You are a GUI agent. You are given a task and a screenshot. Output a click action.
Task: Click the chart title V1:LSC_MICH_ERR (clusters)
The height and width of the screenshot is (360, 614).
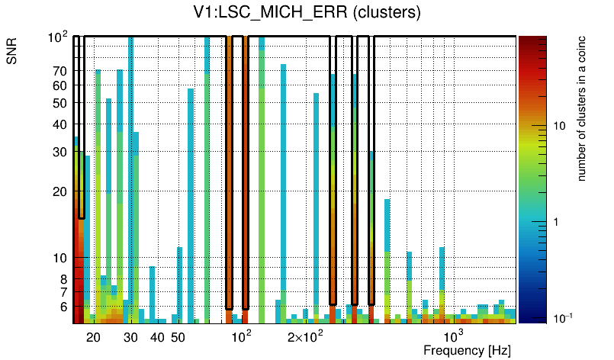[x=307, y=13]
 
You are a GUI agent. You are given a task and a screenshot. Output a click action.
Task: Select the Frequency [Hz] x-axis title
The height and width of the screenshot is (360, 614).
[x=467, y=350]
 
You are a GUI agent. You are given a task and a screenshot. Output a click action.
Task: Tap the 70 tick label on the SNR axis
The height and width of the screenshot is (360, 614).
[x=59, y=71]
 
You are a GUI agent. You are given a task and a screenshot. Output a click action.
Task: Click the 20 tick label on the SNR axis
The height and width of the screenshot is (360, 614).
[x=59, y=192]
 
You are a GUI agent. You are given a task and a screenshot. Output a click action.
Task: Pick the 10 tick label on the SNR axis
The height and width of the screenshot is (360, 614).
[x=59, y=259]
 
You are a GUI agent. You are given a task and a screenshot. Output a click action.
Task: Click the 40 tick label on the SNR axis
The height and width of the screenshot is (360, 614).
[x=59, y=125]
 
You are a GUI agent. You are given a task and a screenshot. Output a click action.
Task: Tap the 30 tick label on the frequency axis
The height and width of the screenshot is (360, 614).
[x=130, y=337]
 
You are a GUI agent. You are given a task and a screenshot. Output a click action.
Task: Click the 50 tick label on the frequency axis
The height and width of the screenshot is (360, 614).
[x=178, y=337]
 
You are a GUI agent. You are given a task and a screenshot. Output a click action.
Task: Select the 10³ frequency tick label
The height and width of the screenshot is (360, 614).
[x=453, y=336]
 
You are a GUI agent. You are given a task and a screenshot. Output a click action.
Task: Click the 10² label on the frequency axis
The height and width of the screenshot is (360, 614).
[x=241, y=336]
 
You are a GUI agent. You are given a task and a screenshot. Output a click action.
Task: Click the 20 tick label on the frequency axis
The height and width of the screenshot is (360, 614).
[x=93, y=337]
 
